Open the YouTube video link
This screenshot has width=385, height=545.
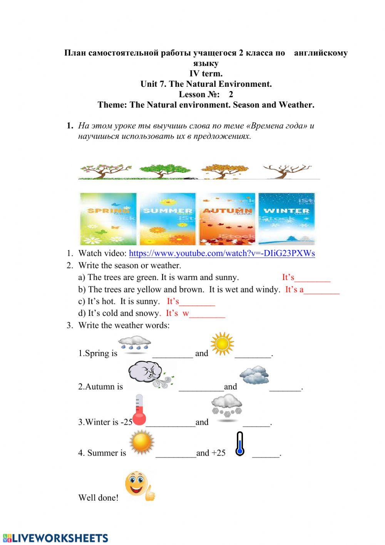[x=222, y=253]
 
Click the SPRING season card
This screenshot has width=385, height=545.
[x=108, y=219]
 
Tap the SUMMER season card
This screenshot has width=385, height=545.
[x=167, y=219]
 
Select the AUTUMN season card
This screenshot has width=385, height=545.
[x=227, y=219]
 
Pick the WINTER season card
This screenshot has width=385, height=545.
[x=286, y=219]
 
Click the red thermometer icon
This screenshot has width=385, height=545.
[x=139, y=410]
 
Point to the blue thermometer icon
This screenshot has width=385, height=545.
[x=240, y=444]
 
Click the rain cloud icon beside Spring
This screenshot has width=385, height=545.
[x=134, y=344]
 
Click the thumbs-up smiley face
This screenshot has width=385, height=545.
[x=139, y=486]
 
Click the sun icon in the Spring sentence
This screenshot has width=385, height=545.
[x=222, y=344]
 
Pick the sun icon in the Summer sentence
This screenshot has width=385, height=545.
[x=142, y=442]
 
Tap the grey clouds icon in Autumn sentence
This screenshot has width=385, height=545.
[x=254, y=375]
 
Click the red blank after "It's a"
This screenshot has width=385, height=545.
[x=321, y=290]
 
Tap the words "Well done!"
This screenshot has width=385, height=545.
[x=98, y=498]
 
